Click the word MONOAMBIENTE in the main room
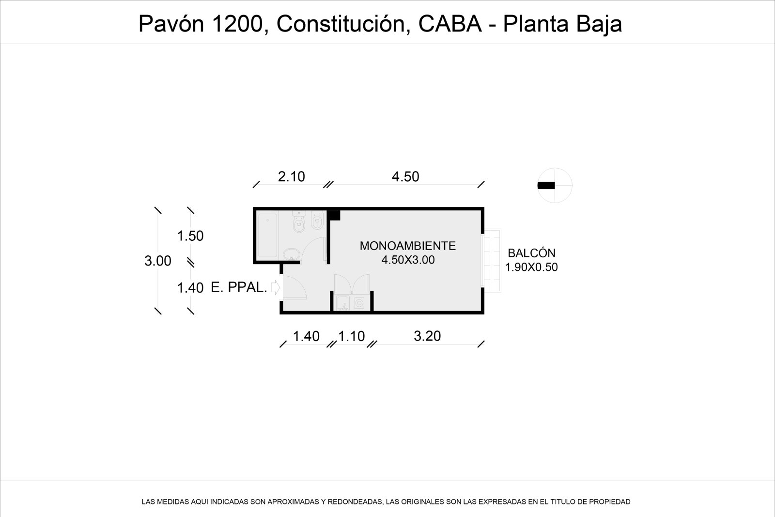(407, 246)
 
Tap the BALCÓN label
(531, 253)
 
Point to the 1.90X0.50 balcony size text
(531, 267)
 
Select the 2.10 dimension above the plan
(291, 177)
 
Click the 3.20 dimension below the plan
(427, 336)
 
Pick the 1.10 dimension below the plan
(351, 336)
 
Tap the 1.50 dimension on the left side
(190, 235)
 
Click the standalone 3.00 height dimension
(158, 261)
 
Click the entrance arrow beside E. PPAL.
(276, 287)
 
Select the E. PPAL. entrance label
(239, 287)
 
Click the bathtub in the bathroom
(268, 235)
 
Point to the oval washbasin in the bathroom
(292, 254)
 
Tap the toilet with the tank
(298, 222)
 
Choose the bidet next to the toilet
(317, 220)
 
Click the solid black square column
(334, 215)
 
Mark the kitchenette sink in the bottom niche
(343, 303)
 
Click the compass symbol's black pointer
(546, 186)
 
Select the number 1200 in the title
(238, 24)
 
